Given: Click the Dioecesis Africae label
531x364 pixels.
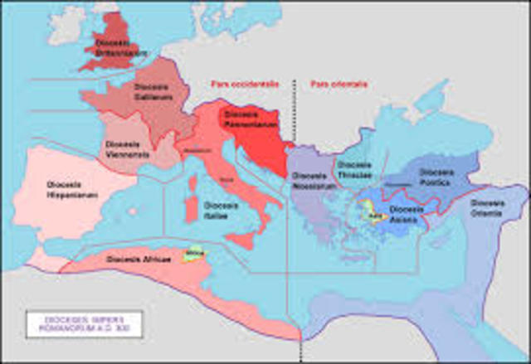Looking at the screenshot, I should point(139,260).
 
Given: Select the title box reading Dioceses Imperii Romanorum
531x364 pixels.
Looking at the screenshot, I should point(82,323).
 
